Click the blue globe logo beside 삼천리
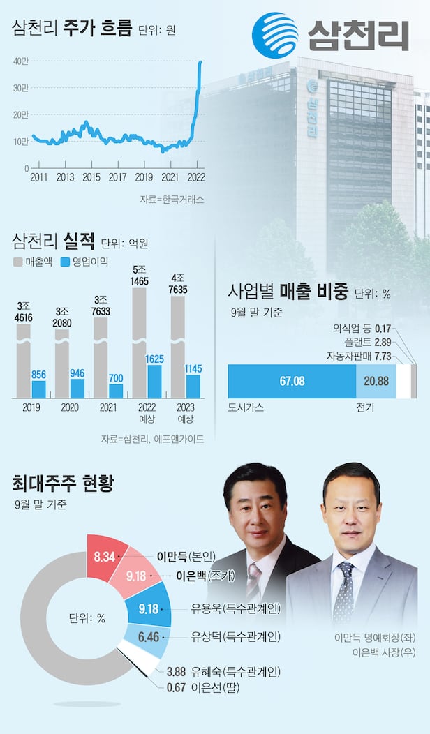click(275, 35)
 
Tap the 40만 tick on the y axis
click(20, 61)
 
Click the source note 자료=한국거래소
click(172, 200)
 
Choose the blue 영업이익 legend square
click(66, 262)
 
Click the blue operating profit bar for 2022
click(154, 381)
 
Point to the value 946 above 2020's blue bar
click(77, 373)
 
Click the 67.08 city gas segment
click(292, 381)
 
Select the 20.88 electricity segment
click(376, 381)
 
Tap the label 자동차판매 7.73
click(364, 356)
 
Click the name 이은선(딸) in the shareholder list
click(202, 689)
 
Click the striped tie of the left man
click(253, 583)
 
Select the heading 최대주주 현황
click(64, 483)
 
